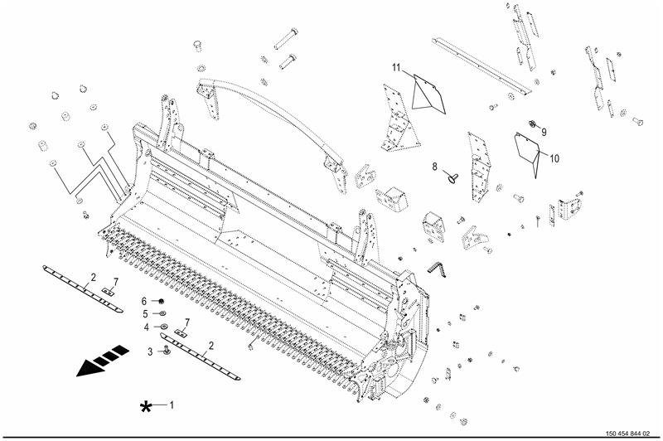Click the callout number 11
coord(396,68)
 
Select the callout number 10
coord(554,158)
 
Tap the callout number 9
coord(544,132)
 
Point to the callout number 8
coord(434,167)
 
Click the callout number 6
coord(143,301)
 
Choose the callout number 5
coord(145,314)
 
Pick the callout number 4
coord(147,327)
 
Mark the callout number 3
coord(150,351)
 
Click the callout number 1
coord(172,405)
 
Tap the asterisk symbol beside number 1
coord(146,407)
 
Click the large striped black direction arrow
coord(103,361)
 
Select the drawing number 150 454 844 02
coord(627,434)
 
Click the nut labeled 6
coord(161,301)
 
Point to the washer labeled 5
coord(162,313)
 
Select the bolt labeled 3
coord(167,349)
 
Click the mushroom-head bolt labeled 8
coord(452,178)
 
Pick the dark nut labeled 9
coord(532,124)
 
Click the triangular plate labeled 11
coord(428,95)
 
